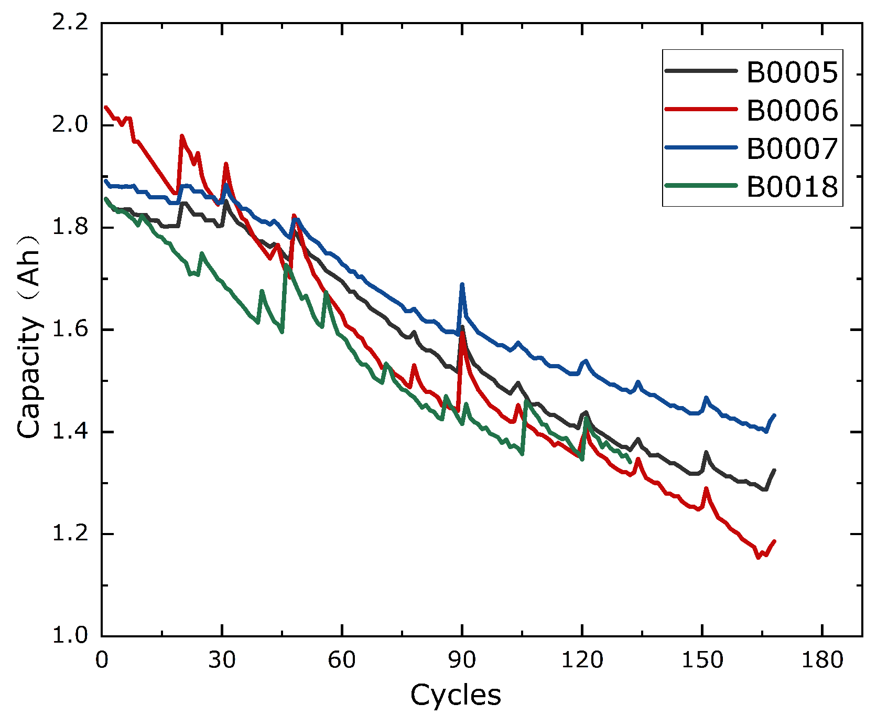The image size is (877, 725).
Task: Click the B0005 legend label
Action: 792,72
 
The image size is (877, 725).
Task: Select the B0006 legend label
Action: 792,111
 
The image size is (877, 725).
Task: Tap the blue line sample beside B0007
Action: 701,148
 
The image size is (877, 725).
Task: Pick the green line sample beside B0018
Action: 701,186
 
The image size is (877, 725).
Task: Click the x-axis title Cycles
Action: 456,695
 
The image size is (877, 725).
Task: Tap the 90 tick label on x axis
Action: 462,660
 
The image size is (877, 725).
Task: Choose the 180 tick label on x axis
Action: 822,660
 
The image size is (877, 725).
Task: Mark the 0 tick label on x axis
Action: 102,660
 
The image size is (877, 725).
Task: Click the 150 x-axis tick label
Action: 702,660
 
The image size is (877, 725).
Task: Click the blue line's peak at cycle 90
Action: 462,284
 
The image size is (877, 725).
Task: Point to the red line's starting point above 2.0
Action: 105,107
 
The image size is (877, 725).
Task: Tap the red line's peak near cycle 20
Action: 182,135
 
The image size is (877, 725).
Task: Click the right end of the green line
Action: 630,462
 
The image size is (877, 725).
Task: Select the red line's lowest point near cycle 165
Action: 758,558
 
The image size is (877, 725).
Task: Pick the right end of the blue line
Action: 774,415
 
